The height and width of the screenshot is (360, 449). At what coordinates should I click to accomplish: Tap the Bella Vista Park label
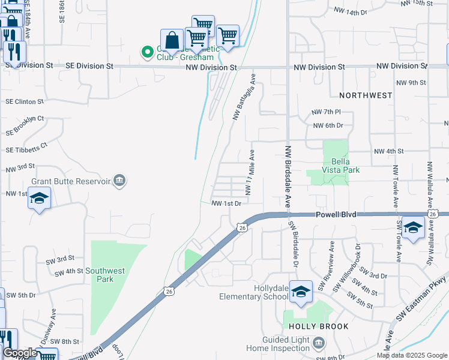pyautogui.click(x=345, y=166)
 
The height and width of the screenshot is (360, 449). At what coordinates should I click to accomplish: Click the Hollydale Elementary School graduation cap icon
pyautogui.click(x=301, y=292)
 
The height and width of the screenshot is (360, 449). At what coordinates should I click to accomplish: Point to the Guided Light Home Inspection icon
pyautogui.click(x=319, y=343)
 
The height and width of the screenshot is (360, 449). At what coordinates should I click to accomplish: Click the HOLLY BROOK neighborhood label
pyautogui.click(x=318, y=326)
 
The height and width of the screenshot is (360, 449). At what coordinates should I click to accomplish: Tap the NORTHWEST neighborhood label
pyautogui.click(x=366, y=95)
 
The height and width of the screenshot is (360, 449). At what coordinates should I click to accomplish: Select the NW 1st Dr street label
pyautogui.click(x=226, y=203)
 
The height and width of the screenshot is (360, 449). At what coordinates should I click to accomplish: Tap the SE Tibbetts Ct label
pyautogui.click(x=26, y=148)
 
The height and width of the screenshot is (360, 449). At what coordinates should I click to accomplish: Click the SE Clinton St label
pyautogui.click(x=25, y=102)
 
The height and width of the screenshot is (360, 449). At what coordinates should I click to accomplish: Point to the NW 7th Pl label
pyautogui.click(x=326, y=112)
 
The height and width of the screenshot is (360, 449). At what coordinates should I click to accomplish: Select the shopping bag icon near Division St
pyautogui.click(x=172, y=40)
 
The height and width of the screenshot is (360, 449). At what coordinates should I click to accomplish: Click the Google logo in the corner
pyautogui.click(x=20, y=353)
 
